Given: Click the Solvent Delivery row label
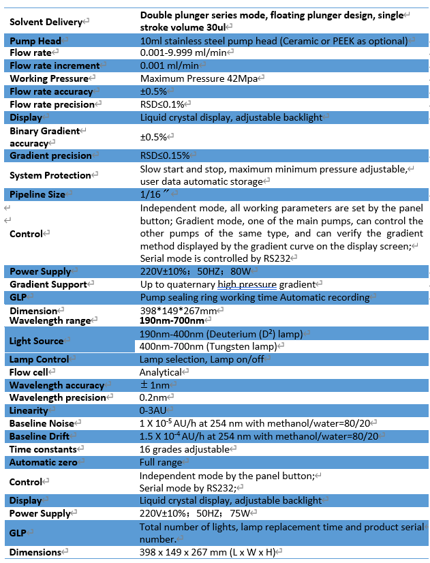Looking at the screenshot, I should [45, 22].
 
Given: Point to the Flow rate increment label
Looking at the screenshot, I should [55, 65].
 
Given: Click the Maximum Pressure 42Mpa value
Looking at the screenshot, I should [199, 78].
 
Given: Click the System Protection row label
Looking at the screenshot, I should [50, 175].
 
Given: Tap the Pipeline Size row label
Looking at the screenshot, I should [37, 194].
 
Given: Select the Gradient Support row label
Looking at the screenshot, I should [48, 284].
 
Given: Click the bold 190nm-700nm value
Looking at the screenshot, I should [172, 320].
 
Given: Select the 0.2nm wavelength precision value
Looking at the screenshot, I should [153, 397].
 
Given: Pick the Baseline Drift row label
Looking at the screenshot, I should [42, 436].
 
